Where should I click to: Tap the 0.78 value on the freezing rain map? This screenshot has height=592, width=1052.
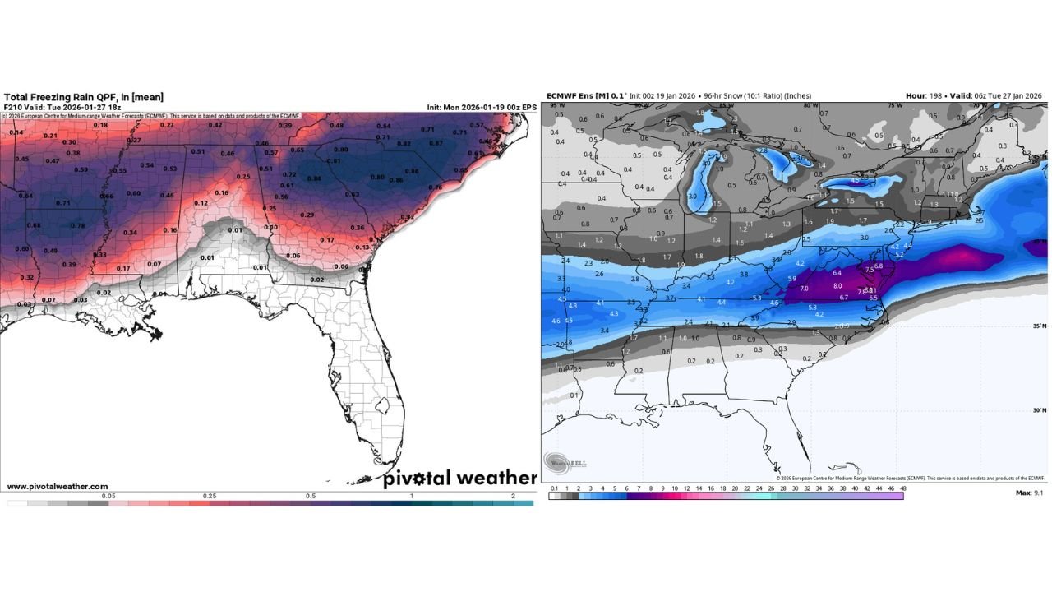77,226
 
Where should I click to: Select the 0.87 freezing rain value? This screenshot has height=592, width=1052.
436,143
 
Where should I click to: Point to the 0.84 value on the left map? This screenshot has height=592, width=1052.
313,178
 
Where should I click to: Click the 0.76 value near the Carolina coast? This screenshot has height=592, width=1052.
435,187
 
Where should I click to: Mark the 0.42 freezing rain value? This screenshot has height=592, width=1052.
215,125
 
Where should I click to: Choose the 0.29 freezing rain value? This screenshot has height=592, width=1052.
307,215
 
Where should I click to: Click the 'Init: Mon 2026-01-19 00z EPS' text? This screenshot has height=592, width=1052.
482,107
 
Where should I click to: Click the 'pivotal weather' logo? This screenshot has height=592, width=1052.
459,479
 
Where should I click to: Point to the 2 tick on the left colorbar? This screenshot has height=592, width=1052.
513,497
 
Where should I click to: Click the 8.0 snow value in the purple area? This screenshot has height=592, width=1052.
837,285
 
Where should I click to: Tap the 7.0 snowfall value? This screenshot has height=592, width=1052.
804,289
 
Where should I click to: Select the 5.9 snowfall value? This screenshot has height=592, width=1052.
791,279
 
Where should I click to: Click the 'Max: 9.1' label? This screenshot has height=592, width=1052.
1030,493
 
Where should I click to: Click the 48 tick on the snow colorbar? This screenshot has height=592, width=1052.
903,488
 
